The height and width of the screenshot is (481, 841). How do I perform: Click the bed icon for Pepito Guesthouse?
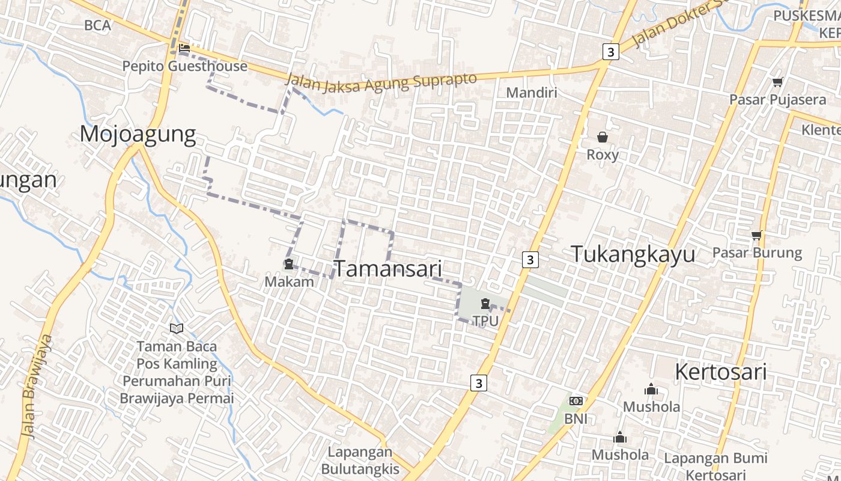point(184,48)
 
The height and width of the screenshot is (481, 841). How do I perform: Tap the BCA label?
point(98,25)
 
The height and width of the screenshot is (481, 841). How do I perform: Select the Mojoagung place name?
point(138,134)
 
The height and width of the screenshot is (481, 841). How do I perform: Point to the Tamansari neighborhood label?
point(387,269)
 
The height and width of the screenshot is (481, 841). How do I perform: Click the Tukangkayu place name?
point(633,254)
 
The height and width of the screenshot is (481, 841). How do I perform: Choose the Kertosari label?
point(720,372)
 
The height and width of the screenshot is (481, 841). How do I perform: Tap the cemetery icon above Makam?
point(289,264)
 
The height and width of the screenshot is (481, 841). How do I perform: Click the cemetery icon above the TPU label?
point(485,304)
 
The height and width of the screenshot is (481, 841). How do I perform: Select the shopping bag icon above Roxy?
point(602,137)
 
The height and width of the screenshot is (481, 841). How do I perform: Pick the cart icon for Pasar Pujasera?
point(777,82)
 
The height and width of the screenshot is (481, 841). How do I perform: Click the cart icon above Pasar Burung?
point(756,235)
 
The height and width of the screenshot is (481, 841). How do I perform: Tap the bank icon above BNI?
point(575,401)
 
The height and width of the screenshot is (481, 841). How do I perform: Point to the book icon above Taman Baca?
point(176,328)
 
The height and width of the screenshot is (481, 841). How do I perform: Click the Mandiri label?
point(532,93)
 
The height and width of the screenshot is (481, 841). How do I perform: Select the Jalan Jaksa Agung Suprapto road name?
point(381,82)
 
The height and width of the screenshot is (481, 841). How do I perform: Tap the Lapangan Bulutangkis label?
point(360,461)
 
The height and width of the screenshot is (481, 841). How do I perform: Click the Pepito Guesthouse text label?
point(184,66)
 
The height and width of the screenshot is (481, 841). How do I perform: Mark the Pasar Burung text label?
point(757,253)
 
